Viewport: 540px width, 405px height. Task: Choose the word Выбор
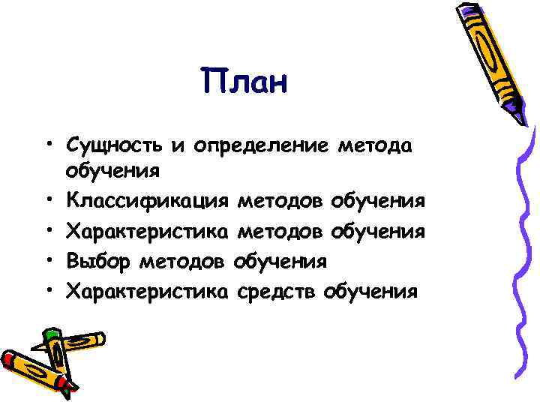pyautogui.click(x=94, y=262)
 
